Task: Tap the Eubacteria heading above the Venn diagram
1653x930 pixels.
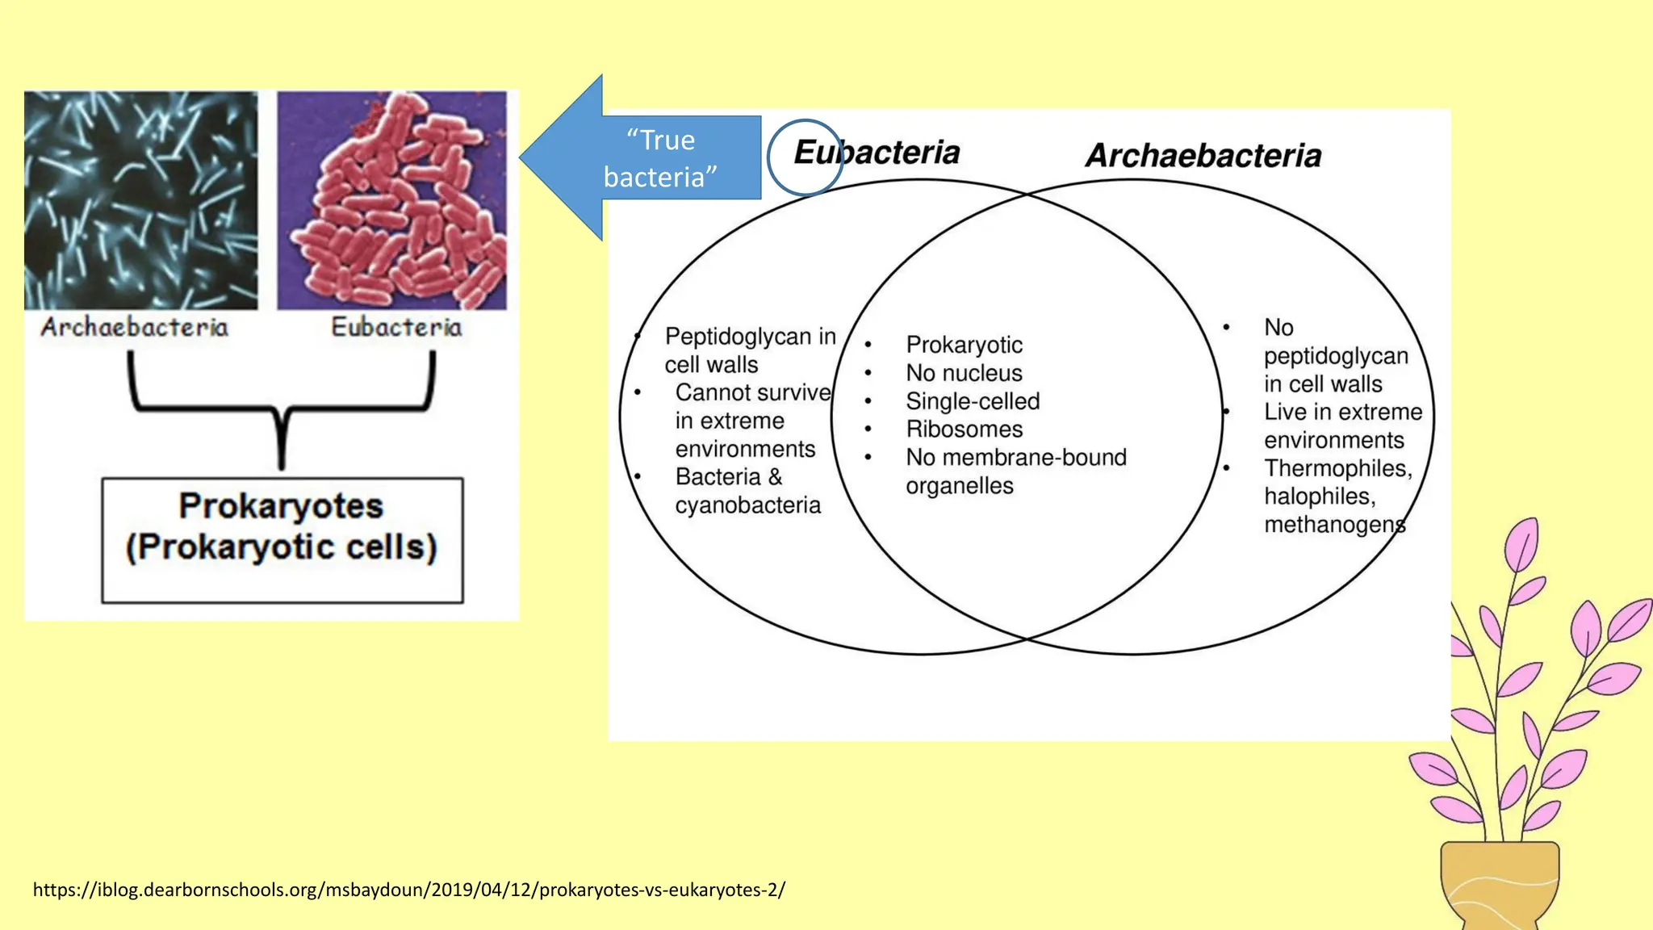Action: coord(877,153)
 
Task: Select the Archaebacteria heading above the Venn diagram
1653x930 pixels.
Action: coord(1203,156)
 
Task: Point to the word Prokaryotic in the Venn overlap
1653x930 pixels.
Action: coord(964,345)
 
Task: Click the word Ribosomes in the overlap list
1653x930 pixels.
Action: coord(964,429)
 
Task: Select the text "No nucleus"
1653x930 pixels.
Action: coord(964,373)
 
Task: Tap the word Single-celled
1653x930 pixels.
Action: coord(973,401)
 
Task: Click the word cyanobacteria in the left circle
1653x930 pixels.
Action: coord(747,505)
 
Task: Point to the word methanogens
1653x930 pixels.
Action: coord(1334,525)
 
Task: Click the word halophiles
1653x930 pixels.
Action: coord(1319,496)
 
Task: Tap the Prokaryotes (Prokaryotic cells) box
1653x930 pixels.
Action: coord(282,539)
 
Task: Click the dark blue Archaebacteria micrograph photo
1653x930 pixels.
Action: coord(141,200)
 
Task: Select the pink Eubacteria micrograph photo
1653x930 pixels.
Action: coord(392,200)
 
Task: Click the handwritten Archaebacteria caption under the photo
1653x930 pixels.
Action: coord(135,327)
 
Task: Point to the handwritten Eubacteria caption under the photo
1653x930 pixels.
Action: coord(396,327)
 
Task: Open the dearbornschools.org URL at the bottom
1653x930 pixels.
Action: coord(408,890)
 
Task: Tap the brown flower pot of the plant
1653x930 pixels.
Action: coord(1500,884)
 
